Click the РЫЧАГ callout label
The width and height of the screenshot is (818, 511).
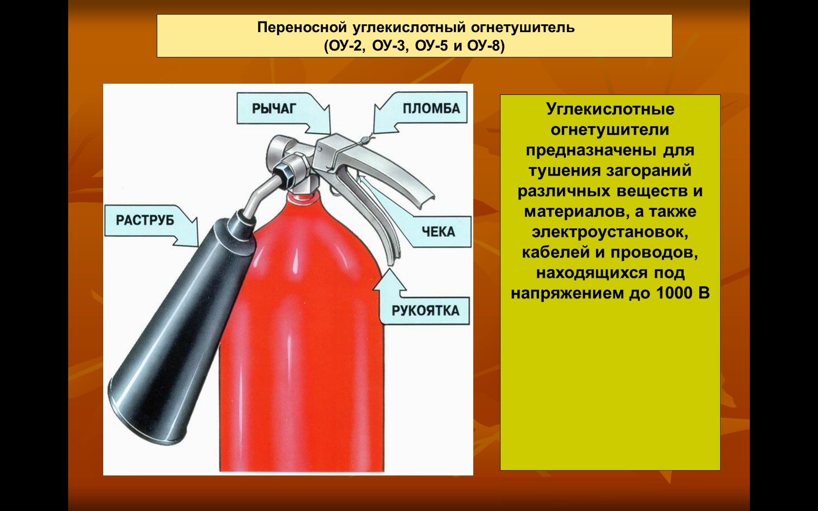[x=274, y=109]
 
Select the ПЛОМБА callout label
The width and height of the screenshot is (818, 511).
[x=431, y=109]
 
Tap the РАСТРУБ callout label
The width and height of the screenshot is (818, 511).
[x=145, y=220]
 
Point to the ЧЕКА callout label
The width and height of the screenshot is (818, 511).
[x=438, y=232]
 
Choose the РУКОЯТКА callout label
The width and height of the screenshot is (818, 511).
[x=426, y=310]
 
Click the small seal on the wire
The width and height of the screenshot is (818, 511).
[x=364, y=139]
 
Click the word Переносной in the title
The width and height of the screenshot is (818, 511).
[x=302, y=28]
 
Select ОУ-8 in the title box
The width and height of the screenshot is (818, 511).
[x=483, y=46]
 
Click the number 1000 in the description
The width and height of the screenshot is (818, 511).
[x=674, y=293]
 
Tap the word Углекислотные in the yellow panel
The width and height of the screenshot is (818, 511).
[x=610, y=109]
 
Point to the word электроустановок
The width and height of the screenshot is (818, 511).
[x=610, y=232]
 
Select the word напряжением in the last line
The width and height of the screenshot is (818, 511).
[x=568, y=293]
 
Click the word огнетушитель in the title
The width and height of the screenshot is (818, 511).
[x=522, y=28]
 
